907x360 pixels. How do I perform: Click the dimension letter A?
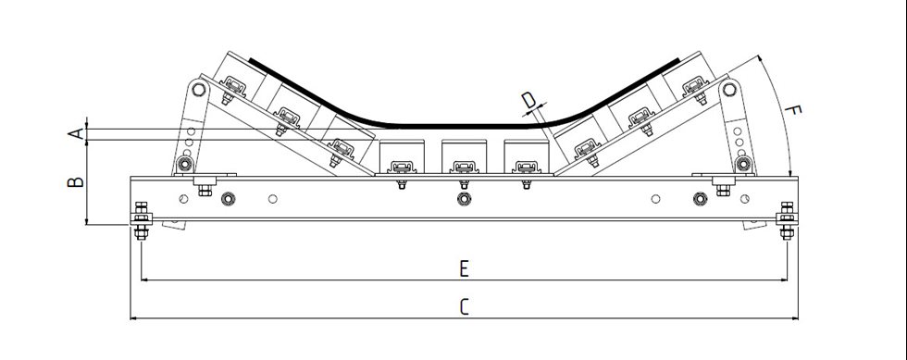pyautogui.click(x=78, y=133)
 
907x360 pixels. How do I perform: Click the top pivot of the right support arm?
pyautogui.click(x=729, y=90)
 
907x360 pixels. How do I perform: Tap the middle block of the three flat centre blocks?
pyautogui.click(x=463, y=157)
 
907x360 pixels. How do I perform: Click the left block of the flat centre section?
pyautogui.click(x=401, y=157)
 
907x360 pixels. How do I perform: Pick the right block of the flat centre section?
pyautogui.click(x=525, y=157)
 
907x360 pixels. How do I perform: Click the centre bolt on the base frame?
pyautogui.click(x=464, y=198)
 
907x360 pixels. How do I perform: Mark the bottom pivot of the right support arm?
pyautogui.click(x=741, y=165)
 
